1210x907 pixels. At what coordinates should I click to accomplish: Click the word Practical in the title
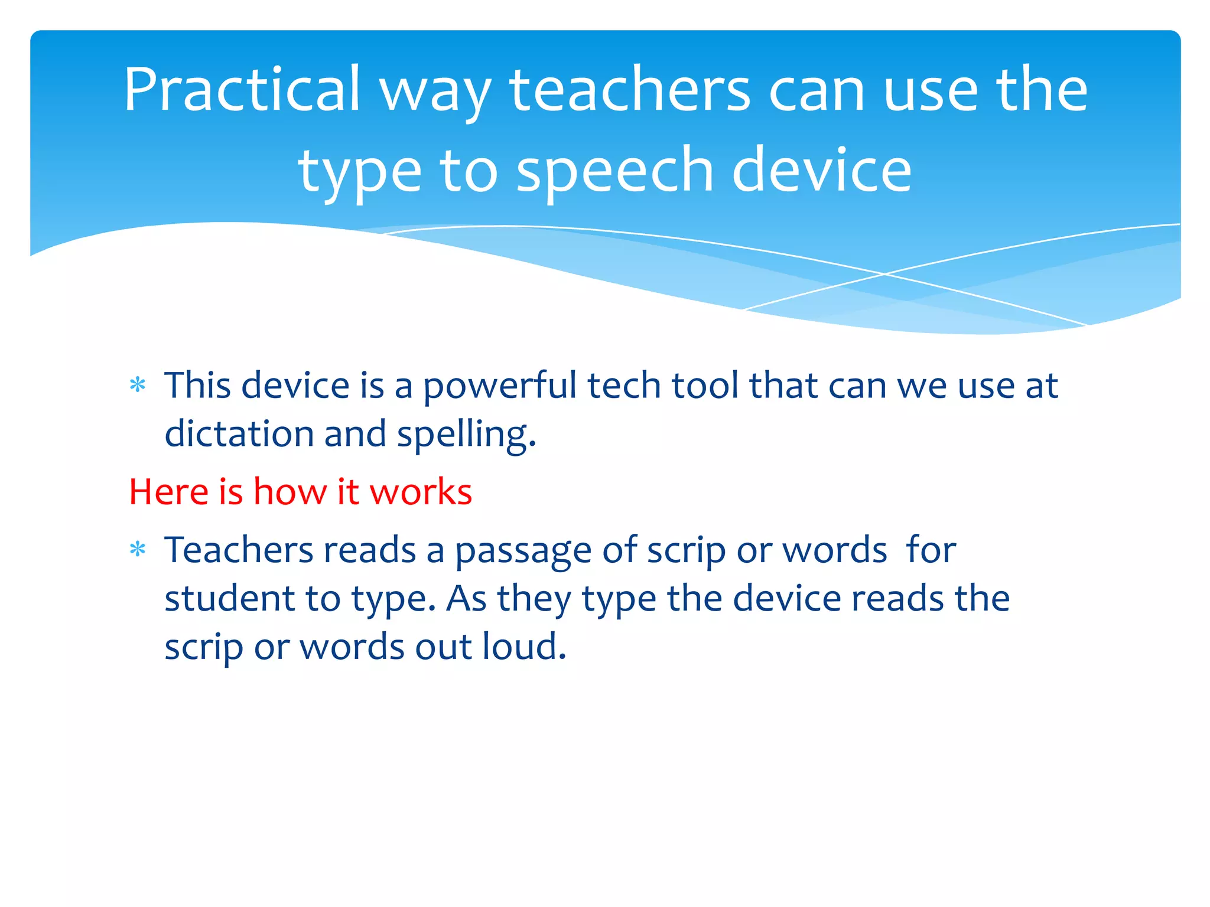(x=242, y=90)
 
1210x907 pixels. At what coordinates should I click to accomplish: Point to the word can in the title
(x=817, y=90)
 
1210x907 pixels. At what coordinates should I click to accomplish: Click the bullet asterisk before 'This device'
(x=138, y=386)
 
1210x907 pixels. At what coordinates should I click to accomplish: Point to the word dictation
(x=239, y=434)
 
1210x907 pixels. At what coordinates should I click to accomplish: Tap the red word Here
(x=169, y=491)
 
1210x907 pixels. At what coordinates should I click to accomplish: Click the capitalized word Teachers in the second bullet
(x=239, y=550)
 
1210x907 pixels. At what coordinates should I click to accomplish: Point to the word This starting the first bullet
(x=197, y=386)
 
